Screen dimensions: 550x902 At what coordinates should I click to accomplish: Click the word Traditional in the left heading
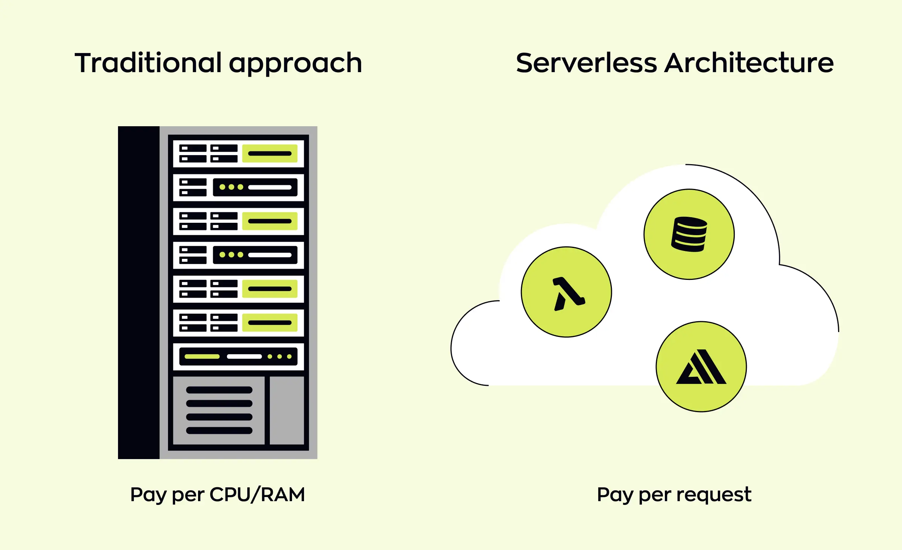coord(148,63)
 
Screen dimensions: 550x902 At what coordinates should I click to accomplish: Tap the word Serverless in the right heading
coord(586,63)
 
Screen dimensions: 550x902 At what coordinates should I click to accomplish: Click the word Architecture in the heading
coord(749,63)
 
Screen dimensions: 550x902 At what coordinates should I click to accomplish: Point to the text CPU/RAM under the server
coord(257,494)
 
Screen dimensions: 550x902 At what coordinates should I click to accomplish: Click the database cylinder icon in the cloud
coord(689,234)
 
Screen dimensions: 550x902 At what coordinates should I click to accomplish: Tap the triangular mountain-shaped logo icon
coord(701,367)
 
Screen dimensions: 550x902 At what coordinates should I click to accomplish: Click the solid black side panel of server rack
coord(139,292)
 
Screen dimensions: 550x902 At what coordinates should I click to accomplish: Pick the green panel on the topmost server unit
coord(269,153)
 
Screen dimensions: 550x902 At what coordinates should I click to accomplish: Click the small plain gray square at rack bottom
coord(287,410)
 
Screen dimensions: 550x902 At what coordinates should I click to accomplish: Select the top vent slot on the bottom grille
coord(219,390)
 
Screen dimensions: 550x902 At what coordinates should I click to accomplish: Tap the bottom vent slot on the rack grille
coord(219,431)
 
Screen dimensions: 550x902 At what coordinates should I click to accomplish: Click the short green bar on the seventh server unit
coord(202,357)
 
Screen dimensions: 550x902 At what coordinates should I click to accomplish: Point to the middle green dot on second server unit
coord(231,187)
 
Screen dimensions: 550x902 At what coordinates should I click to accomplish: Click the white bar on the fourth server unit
coord(269,255)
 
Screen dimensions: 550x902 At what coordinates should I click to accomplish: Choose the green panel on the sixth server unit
coord(269,323)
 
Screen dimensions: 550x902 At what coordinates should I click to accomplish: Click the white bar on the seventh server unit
coord(244,357)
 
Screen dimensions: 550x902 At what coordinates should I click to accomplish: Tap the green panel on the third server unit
coord(269,221)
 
